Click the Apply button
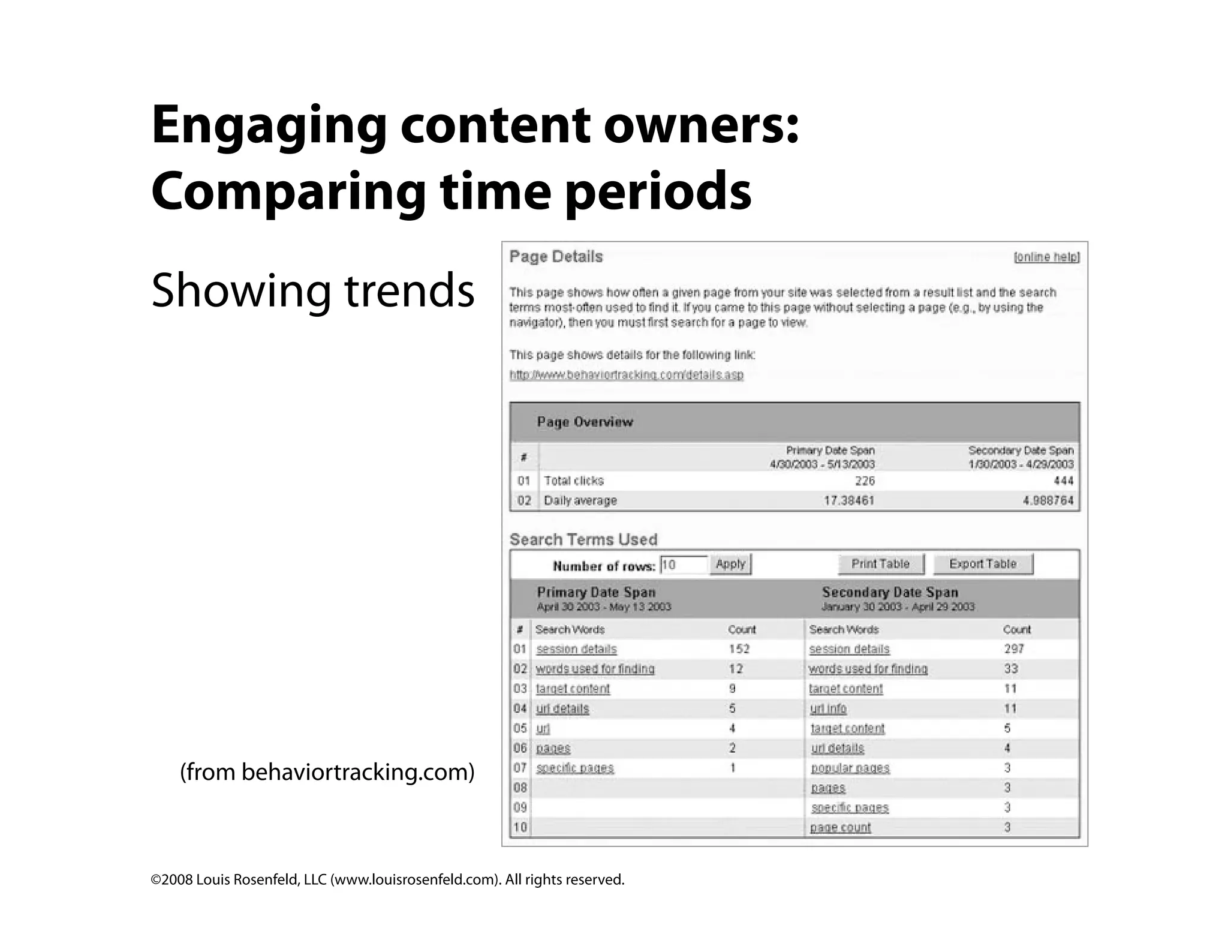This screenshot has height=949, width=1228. (x=730, y=564)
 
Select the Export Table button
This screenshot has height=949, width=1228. (x=983, y=564)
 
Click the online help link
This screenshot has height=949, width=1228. (x=1046, y=257)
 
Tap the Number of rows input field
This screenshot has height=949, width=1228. (x=684, y=564)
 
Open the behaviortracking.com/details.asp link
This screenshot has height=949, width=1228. (x=626, y=375)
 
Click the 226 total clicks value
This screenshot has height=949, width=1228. (x=865, y=480)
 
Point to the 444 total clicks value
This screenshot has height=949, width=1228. (x=1063, y=480)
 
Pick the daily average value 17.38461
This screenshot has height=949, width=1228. (x=848, y=500)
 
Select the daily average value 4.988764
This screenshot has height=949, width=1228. (x=1048, y=500)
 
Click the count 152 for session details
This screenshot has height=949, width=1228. (x=739, y=648)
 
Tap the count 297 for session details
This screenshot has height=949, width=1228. (x=1014, y=648)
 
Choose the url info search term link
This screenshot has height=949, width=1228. (x=828, y=708)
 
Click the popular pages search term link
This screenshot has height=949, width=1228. (x=850, y=768)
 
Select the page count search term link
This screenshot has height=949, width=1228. (x=840, y=827)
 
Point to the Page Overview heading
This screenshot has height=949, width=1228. (x=585, y=422)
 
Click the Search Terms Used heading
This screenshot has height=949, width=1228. (x=583, y=539)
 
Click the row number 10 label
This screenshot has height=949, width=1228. (x=520, y=827)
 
